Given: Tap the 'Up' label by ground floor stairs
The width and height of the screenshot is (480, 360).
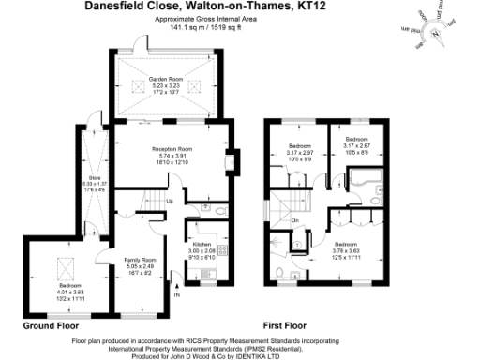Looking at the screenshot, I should [x=169, y=201].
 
